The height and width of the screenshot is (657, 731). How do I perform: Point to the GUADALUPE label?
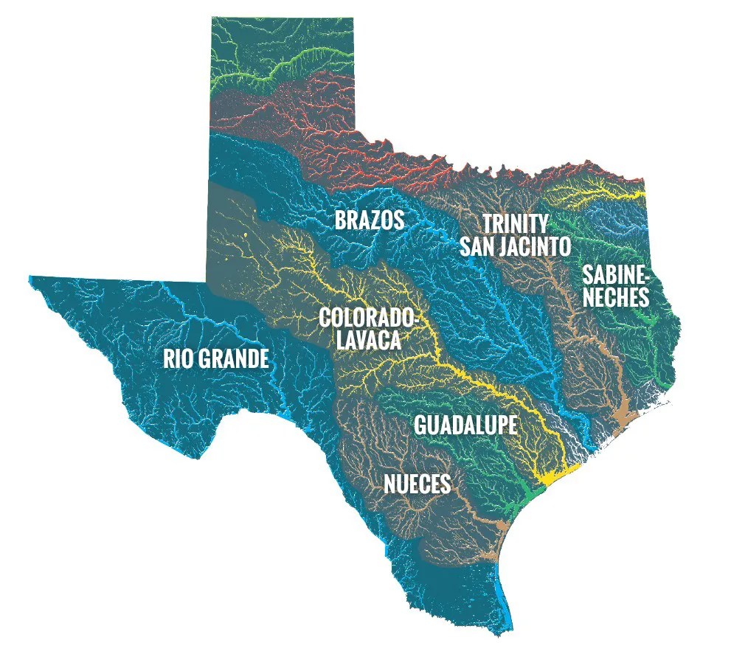click(x=465, y=425)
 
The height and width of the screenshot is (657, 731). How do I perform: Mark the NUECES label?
click(x=417, y=484)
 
